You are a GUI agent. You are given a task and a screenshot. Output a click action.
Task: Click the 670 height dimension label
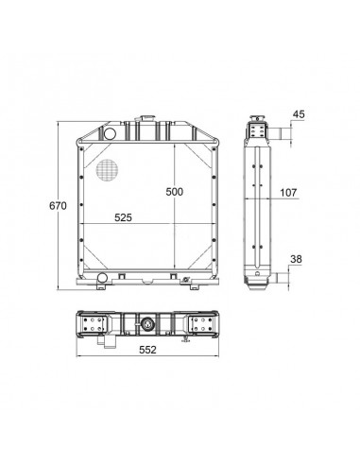click(58, 206)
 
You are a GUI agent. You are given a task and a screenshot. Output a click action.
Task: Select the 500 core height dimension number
click(174, 192)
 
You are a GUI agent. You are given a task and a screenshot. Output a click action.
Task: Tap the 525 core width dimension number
click(123, 217)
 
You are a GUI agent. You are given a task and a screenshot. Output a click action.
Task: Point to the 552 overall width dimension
click(147, 350)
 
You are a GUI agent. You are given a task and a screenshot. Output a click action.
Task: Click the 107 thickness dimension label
click(288, 192)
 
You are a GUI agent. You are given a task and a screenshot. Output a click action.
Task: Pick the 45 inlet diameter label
click(299, 114)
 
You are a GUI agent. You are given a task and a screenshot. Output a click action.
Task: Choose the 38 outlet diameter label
click(296, 259)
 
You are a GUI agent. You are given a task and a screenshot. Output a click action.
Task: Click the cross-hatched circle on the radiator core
click(107, 170)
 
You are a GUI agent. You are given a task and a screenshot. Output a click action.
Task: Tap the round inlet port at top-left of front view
click(110, 133)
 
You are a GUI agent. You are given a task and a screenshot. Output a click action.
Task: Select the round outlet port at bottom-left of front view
click(102, 278)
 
